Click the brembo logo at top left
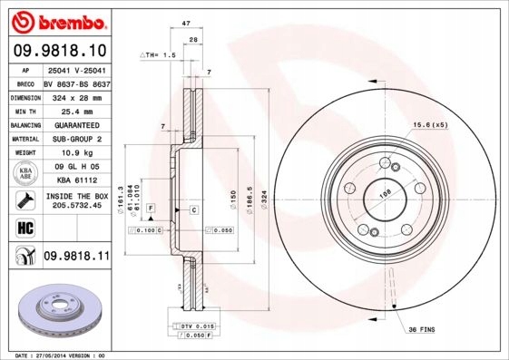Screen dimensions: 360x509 pos(56,20)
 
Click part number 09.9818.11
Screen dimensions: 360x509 pos(76,258)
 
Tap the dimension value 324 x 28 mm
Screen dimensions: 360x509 pos(76,96)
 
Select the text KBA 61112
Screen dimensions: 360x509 pos(76,180)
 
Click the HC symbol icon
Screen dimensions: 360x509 pos(25,227)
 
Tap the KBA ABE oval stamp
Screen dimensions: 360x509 pos(25,173)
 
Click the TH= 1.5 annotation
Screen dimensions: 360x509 pos(158,55)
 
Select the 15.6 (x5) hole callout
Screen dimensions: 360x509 pos(430,124)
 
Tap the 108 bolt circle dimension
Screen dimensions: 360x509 pos(384,192)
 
